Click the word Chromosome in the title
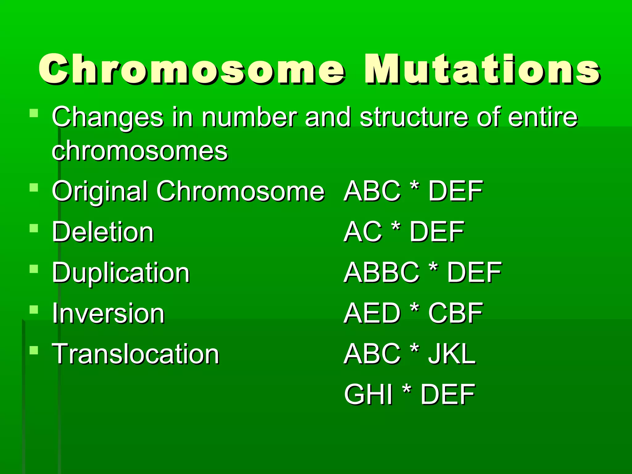[191, 69]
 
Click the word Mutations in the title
[482, 69]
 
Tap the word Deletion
[102, 232]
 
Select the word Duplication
[120, 273]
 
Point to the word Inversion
[108, 314]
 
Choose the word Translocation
[135, 354]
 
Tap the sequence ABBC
[381, 272]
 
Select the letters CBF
[455, 313]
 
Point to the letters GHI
[368, 394]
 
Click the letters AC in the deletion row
[363, 232]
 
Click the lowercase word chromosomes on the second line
[139, 151]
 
